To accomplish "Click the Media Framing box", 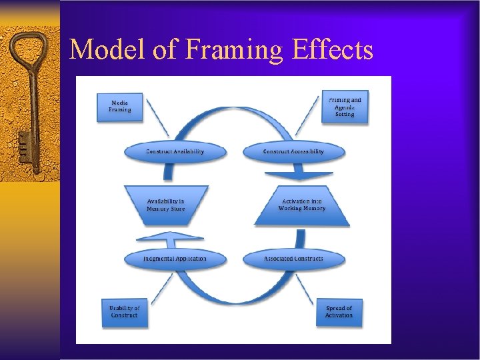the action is (x=121, y=107).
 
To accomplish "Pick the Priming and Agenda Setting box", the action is (x=345, y=107).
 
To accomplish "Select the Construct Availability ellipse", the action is (x=175, y=151).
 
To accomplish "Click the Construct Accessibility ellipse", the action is (x=293, y=151).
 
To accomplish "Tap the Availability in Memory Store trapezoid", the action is (x=166, y=205).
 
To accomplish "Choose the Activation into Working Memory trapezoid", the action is (x=303, y=205).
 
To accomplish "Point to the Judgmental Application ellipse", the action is (x=175, y=259).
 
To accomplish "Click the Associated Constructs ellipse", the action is (x=293, y=259).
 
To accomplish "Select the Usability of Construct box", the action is (x=125, y=311).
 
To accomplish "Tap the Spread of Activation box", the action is (x=339, y=311).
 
